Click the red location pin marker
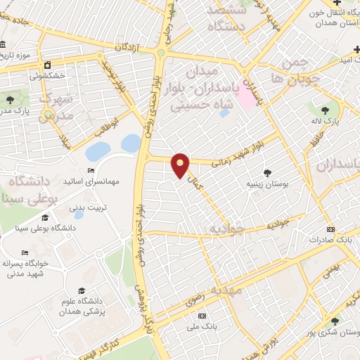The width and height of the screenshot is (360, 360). (181, 165)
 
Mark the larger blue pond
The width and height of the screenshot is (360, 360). (97, 150)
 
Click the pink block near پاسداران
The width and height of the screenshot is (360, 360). (246, 96)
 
